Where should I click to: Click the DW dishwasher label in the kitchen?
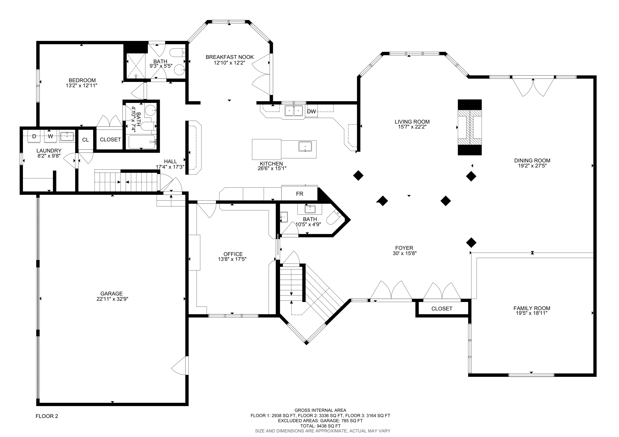pyautogui.click(x=311, y=111)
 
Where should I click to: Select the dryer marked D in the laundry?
pyautogui.click(x=34, y=136)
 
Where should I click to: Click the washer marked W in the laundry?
pyautogui.click(x=50, y=136)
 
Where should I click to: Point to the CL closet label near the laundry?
pyautogui.click(x=85, y=140)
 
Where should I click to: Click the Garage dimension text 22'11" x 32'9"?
pyautogui.click(x=112, y=299)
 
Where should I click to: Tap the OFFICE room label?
pyautogui.click(x=233, y=254)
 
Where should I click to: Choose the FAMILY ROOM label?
pyautogui.click(x=532, y=308)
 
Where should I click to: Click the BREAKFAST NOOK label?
pyautogui.click(x=230, y=57)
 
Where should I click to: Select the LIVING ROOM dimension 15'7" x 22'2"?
pyautogui.click(x=412, y=127)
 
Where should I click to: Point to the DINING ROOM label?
pyautogui.click(x=532, y=160)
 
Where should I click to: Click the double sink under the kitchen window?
pyautogui.click(x=294, y=110)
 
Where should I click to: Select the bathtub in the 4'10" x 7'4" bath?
pyautogui.click(x=142, y=142)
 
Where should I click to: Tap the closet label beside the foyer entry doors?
pyautogui.click(x=442, y=308)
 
